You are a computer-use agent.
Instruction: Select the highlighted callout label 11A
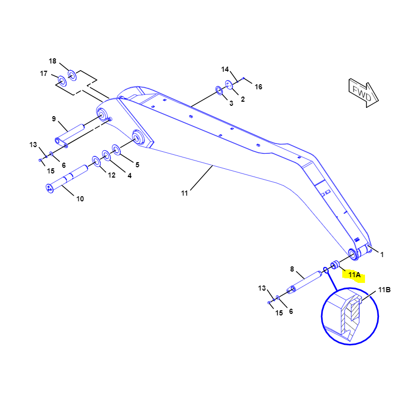[354, 275]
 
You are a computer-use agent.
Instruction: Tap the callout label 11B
[385, 290]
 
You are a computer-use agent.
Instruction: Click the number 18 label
[53, 61]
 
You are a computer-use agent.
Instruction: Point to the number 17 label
[44, 73]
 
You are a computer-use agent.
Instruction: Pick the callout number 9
[54, 119]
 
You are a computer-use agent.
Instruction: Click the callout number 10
[80, 198]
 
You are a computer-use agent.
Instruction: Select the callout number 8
[292, 269]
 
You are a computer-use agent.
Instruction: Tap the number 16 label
[259, 87]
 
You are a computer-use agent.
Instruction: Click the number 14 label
[225, 69]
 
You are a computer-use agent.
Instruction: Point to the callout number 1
[382, 254]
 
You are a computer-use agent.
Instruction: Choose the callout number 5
[137, 165]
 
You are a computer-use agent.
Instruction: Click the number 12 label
[112, 175]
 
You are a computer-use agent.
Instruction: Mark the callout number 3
[231, 103]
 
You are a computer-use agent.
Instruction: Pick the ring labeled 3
[219, 91]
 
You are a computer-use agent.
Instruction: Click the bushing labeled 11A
[334, 265]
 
